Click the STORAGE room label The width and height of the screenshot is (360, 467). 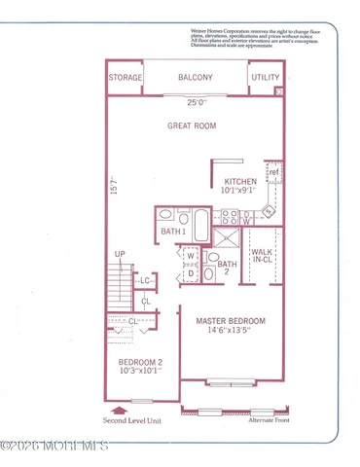pyautogui.click(x=126, y=77)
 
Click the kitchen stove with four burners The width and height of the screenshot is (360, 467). pyautogui.click(x=268, y=211)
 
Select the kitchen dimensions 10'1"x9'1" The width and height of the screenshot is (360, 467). pyautogui.click(x=238, y=193)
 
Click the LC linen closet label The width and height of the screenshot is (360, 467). pyautogui.click(x=144, y=281)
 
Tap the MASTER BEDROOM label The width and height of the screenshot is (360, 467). pyautogui.click(x=231, y=320)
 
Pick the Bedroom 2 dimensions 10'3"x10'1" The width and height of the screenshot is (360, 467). pyautogui.click(x=136, y=369)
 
